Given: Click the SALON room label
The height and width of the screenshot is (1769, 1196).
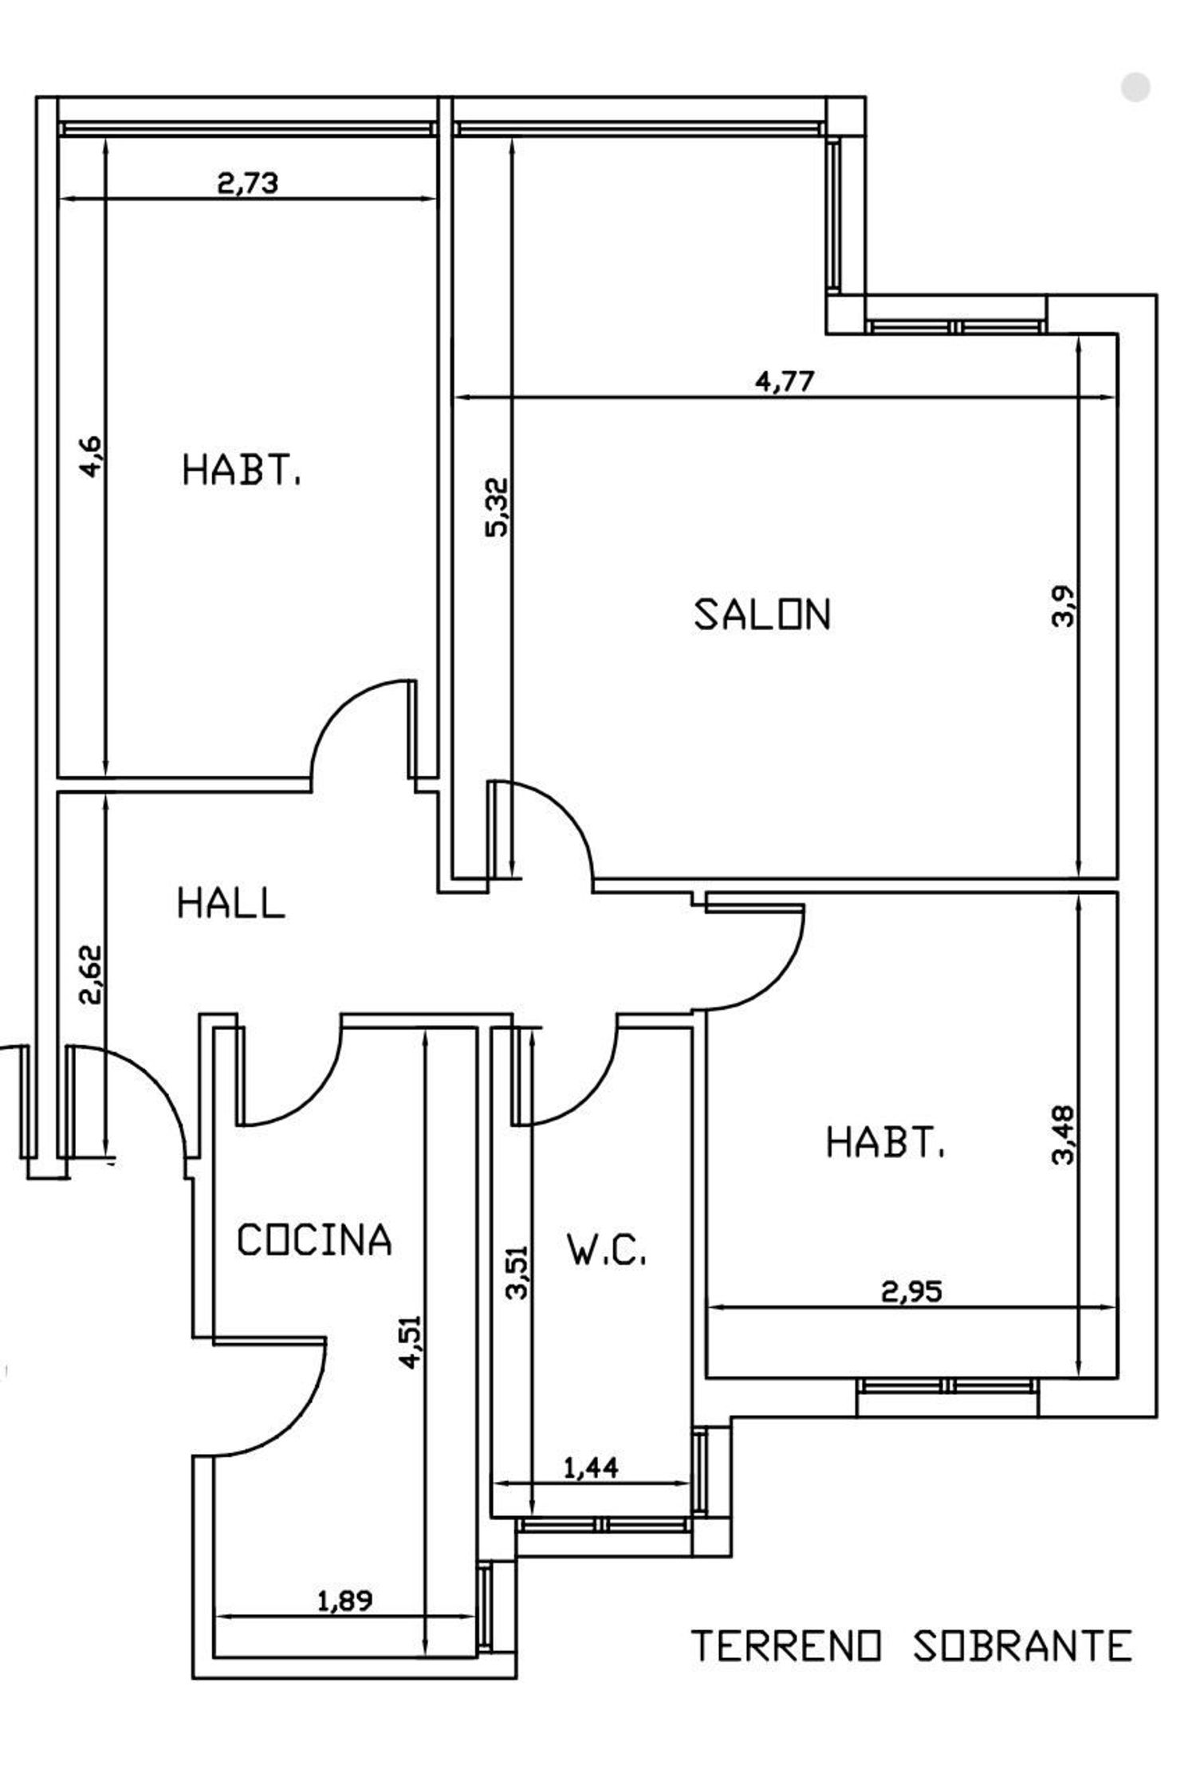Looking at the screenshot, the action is coord(762,615).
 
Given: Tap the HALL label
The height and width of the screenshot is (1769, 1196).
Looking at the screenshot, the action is coord(230,904).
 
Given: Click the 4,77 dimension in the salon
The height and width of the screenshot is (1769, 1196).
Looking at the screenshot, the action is coord(785,381).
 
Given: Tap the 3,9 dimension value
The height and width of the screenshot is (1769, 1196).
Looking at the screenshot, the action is coord(1064,607).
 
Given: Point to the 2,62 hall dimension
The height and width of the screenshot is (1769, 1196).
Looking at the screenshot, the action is coord(91,974).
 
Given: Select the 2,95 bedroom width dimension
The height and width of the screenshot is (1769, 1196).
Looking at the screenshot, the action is coord(911,1290).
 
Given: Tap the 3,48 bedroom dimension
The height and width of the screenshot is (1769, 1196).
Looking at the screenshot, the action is coord(1064,1134).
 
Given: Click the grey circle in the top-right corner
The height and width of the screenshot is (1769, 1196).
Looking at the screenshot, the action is coord(1135,87).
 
